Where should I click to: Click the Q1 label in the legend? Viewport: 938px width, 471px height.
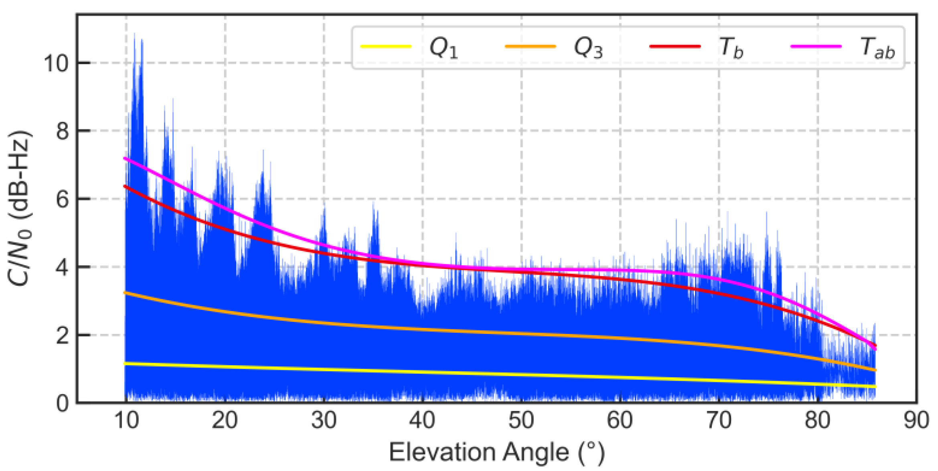443,48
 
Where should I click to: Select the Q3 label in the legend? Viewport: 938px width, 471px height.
588,48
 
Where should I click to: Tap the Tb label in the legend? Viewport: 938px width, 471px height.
731,48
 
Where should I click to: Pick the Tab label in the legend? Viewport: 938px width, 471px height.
877,48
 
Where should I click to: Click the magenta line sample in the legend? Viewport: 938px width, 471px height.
816,46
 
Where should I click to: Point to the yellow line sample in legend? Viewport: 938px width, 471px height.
386,46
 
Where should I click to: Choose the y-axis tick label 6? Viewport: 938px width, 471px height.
62,199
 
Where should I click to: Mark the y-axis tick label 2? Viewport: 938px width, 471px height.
62,336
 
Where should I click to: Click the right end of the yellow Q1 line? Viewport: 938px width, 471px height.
875,386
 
